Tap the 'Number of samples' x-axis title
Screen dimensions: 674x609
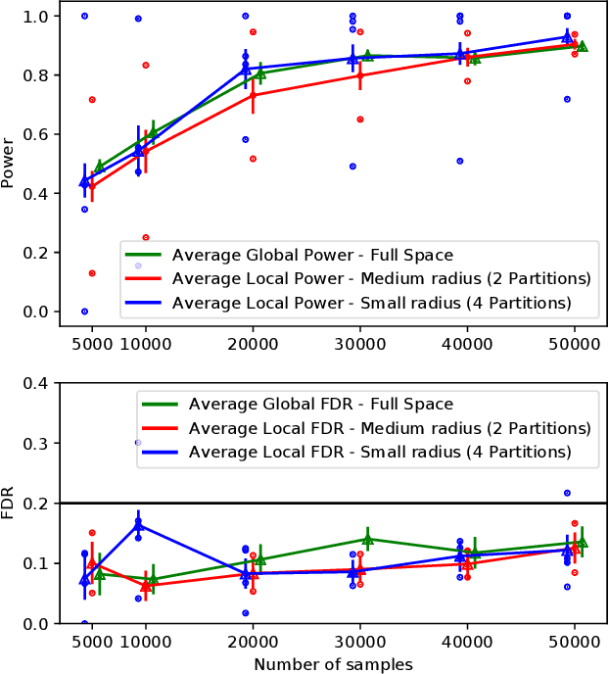click(333, 663)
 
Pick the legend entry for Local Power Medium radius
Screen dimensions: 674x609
click(381, 278)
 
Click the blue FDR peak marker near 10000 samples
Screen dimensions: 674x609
click(138, 525)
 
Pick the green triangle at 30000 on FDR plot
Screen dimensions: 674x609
click(368, 540)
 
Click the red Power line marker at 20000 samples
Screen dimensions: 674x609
click(254, 95)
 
